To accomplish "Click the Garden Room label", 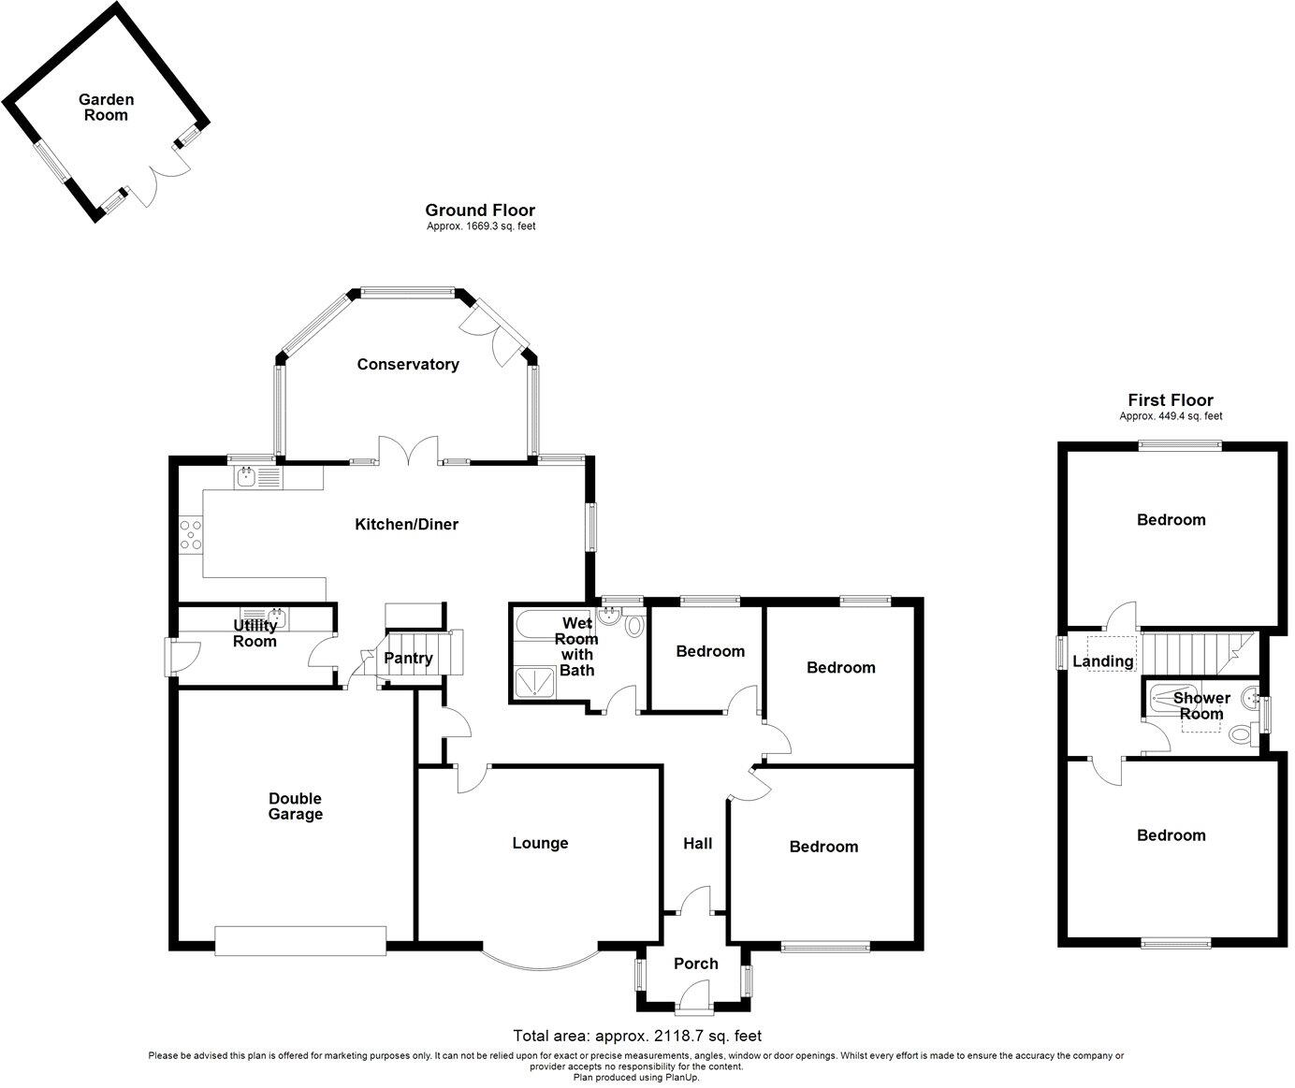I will (x=106, y=108).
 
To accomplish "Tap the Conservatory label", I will (x=408, y=365).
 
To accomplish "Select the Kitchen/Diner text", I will (x=406, y=525).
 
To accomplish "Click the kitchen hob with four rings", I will (x=190, y=535).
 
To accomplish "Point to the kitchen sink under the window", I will (x=247, y=478).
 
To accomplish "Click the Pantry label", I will (x=409, y=659).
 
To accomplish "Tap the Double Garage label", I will (x=296, y=806).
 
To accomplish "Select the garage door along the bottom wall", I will (x=299, y=941).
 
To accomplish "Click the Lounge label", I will (x=540, y=844).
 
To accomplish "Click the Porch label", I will (x=696, y=965).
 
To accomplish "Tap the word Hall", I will (x=697, y=844).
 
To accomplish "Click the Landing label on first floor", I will (x=1102, y=662).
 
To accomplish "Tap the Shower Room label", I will (x=1200, y=706).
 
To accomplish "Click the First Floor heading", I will (x=1171, y=400).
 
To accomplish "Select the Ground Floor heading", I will (x=480, y=210).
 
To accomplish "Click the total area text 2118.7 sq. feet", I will (x=637, y=1036).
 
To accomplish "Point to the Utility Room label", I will (x=255, y=633).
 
